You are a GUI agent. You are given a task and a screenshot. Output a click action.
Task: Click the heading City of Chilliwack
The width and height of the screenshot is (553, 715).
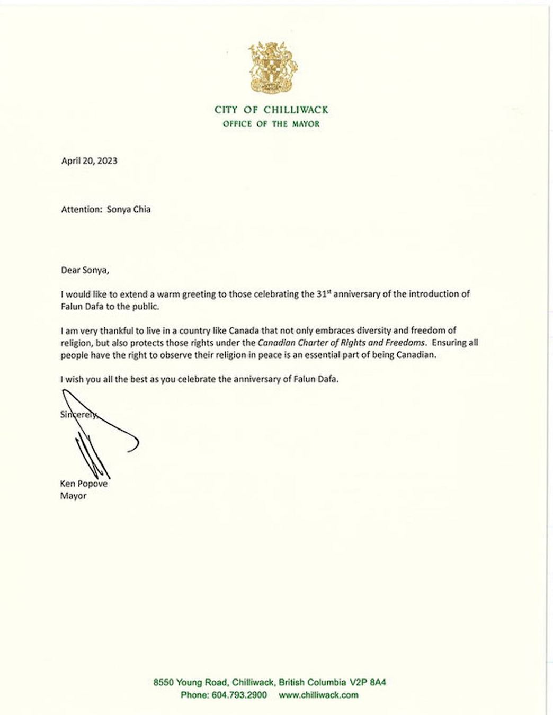(x=271, y=110)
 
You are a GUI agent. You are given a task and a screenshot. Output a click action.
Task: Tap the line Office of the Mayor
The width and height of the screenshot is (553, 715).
(x=271, y=124)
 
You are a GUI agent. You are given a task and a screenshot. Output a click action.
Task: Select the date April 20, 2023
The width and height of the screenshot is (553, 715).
(x=89, y=160)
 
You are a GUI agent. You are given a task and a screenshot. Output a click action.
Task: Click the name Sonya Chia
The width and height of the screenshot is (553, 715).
(x=129, y=209)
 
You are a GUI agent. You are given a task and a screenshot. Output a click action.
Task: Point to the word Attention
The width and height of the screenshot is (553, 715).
(x=80, y=209)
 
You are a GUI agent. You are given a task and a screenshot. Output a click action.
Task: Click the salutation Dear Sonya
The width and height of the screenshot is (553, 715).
(x=85, y=270)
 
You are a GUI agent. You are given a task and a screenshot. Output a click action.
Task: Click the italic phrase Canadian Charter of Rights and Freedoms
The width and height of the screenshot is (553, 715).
(x=341, y=343)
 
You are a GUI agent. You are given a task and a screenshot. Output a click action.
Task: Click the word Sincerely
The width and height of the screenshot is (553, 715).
(x=79, y=415)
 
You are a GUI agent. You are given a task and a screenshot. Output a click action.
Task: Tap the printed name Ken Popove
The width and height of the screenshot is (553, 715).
(x=84, y=484)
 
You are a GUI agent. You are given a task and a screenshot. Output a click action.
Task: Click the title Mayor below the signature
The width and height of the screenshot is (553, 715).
(x=73, y=496)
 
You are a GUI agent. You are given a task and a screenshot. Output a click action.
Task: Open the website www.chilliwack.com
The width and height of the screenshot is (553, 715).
(x=318, y=695)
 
